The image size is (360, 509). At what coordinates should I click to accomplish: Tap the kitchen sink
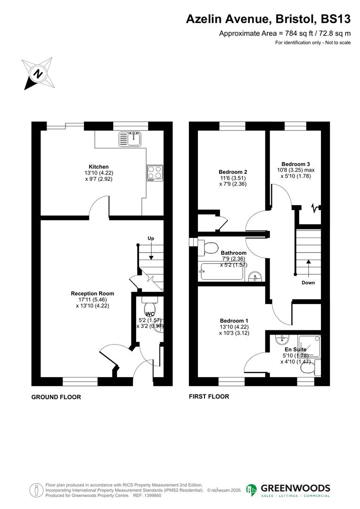131,139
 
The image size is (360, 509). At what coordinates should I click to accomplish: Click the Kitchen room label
99,167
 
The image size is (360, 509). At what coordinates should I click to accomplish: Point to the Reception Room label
92,294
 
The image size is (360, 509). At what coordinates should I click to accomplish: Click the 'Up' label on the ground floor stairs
151,238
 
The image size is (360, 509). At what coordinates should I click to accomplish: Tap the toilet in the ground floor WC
149,299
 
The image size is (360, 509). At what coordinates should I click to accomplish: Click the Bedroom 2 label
233,172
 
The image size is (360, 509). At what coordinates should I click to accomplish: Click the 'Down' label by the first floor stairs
308,283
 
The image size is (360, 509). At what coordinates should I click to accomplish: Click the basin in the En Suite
281,339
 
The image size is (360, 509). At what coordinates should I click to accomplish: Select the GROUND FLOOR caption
56,397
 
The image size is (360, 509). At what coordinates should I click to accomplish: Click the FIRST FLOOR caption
209,396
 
